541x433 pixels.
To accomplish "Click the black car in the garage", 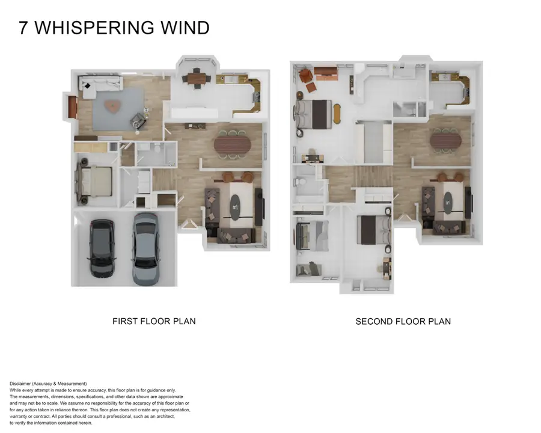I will pos(101,247).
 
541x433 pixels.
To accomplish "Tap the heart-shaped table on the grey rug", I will pos(112,106).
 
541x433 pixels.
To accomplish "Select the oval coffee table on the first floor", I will pos(236,206).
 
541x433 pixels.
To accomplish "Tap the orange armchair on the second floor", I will pos(305,75).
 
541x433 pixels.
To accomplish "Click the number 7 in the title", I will pos(23,28).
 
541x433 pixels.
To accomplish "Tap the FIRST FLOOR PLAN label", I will pos(154,321).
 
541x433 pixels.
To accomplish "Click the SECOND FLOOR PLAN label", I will pos(403,322).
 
